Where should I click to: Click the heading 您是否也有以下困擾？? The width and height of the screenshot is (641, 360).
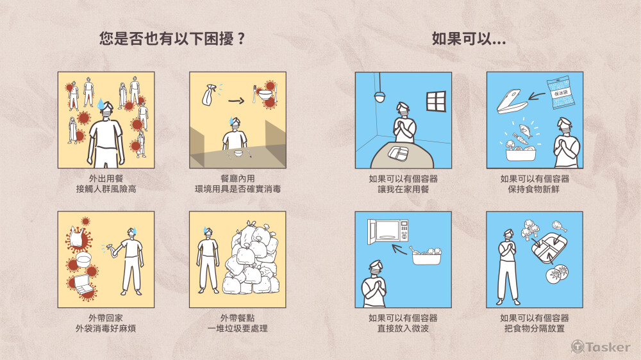172,38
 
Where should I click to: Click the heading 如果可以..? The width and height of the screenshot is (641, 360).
469,38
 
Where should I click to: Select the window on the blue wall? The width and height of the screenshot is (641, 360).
435,101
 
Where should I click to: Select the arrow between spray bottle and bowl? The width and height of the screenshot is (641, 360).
235,101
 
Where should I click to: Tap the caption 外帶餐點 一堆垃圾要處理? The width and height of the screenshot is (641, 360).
237,323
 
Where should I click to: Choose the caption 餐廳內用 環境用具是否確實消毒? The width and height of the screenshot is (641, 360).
237,184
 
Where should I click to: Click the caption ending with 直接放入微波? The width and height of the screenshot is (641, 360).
403,323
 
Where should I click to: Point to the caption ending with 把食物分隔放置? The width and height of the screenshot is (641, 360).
535,323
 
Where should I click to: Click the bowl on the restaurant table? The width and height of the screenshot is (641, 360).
238,153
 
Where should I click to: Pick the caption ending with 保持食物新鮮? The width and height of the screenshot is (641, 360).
535,184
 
